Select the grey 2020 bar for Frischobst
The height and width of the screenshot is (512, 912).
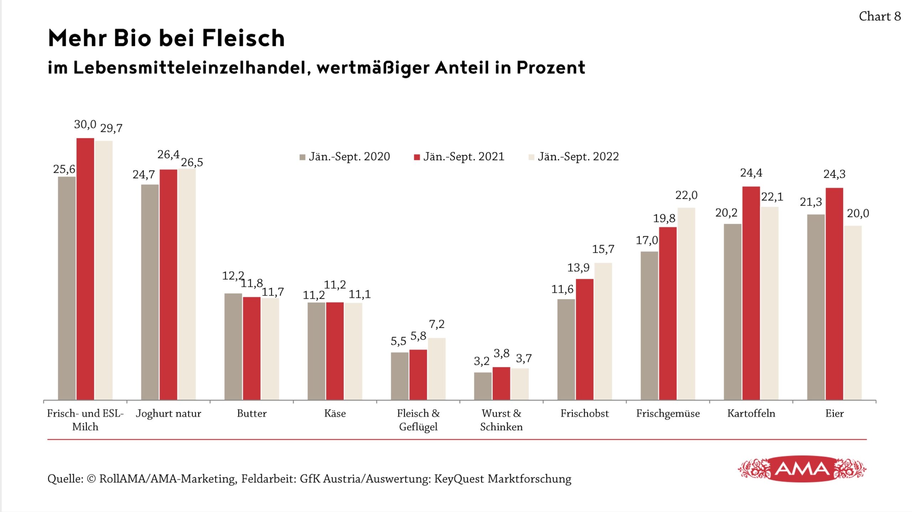pyautogui.click(x=566, y=349)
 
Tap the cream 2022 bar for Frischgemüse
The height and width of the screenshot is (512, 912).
pyautogui.click(x=686, y=303)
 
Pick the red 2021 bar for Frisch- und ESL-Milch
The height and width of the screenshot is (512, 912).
pyautogui.click(x=85, y=269)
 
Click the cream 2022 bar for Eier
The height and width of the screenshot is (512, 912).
pyautogui.click(x=853, y=312)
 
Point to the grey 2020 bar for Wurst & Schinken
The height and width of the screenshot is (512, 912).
pyautogui.click(x=483, y=386)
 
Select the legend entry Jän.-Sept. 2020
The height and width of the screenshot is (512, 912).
pyautogui.click(x=345, y=157)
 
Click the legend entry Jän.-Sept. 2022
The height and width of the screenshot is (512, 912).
pyautogui.click(x=574, y=157)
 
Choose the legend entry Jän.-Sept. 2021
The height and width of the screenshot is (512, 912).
pyautogui.click(x=459, y=157)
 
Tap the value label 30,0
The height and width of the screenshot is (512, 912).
pyautogui.click(x=85, y=124)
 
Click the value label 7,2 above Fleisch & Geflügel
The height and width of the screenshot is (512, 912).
pyautogui.click(x=437, y=324)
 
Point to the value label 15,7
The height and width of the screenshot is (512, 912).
pyautogui.click(x=603, y=249)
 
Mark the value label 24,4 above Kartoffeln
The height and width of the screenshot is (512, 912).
pyautogui.click(x=751, y=173)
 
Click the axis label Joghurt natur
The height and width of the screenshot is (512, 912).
pyautogui.click(x=169, y=413)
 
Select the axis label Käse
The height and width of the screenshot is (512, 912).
pyautogui.click(x=335, y=413)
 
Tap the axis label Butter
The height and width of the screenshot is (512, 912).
pyautogui.click(x=252, y=413)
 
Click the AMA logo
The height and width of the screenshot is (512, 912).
pyautogui.click(x=802, y=469)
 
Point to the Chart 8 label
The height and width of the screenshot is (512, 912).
pyautogui.click(x=880, y=16)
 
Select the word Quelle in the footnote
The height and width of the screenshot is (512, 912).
pyautogui.click(x=65, y=479)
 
